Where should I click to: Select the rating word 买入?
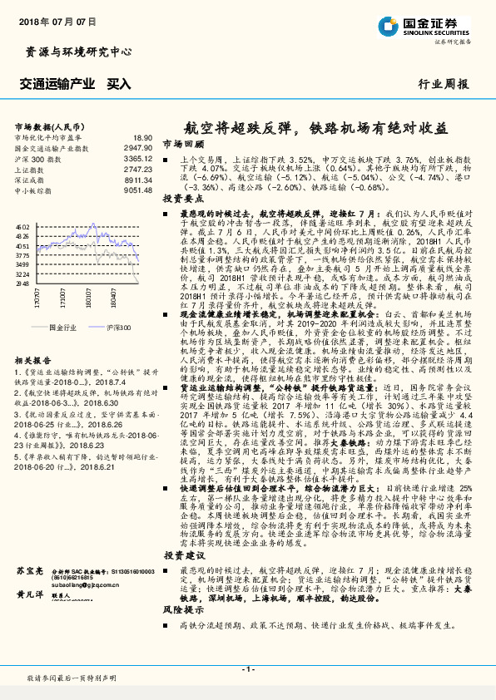(119, 83)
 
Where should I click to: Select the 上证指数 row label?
(30, 168)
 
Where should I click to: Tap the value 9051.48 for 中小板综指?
(136, 190)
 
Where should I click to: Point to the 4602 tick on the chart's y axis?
(22, 226)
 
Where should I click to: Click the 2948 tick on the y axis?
(22, 283)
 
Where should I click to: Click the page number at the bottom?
(247, 668)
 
